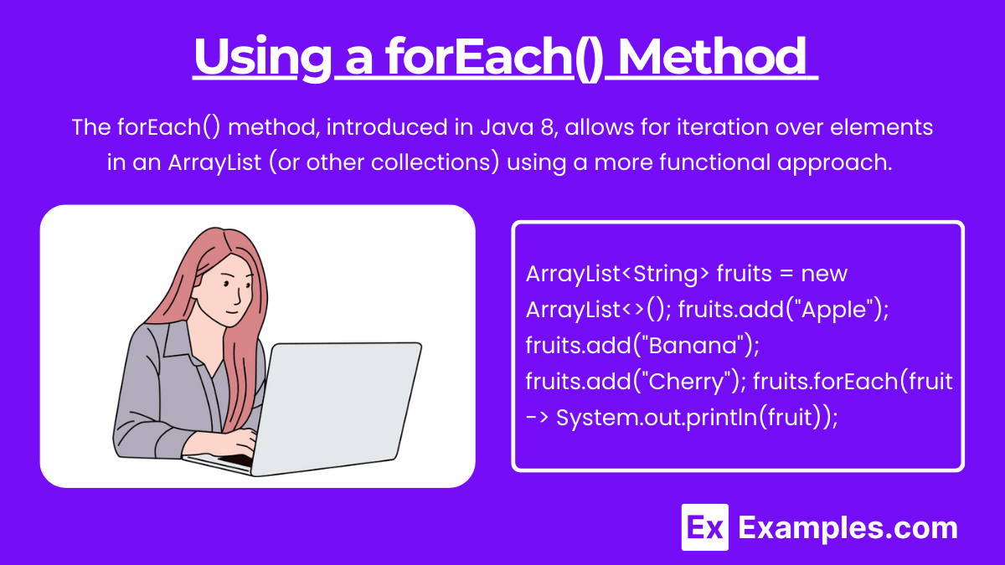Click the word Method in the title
click(713, 57)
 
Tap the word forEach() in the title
click(494, 59)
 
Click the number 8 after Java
click(548, 127)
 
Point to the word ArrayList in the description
click(214, 162)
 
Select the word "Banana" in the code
click(693, 345)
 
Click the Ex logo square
click(704, 526)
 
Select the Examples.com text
click(848, 529)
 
